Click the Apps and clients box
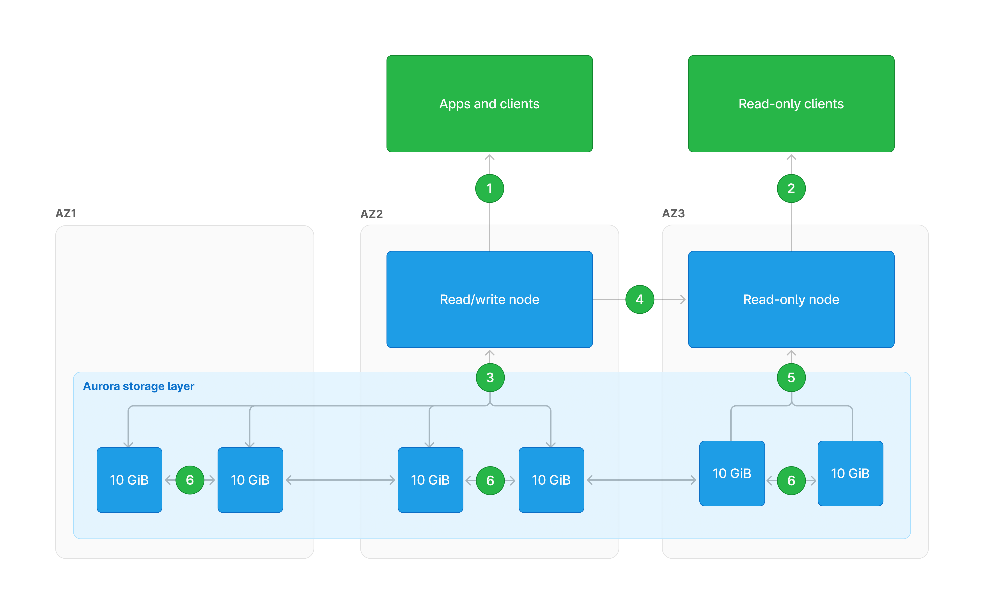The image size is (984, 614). coord(489,104)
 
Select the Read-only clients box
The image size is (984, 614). coord(791,104)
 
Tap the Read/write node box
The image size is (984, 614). coord(489,299)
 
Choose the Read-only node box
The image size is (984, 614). coord(791,299)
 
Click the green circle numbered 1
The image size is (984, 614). coord(489,188)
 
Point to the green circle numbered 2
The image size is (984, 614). coord(791,188)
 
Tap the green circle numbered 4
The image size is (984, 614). coord(639,299)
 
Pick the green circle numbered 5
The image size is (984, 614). coord(791,378)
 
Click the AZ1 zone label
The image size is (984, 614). coord(66,214)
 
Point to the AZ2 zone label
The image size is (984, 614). coord(371,214)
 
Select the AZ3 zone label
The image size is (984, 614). coord(674,214)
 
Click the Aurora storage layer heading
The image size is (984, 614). coord(139,386)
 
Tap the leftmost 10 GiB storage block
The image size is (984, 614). coord(129,480)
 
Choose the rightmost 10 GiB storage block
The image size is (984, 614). coord(850,473)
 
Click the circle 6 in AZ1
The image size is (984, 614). coord(190,480)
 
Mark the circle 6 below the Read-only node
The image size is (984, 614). coord(791,481)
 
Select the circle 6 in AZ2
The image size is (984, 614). coord(490,481)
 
